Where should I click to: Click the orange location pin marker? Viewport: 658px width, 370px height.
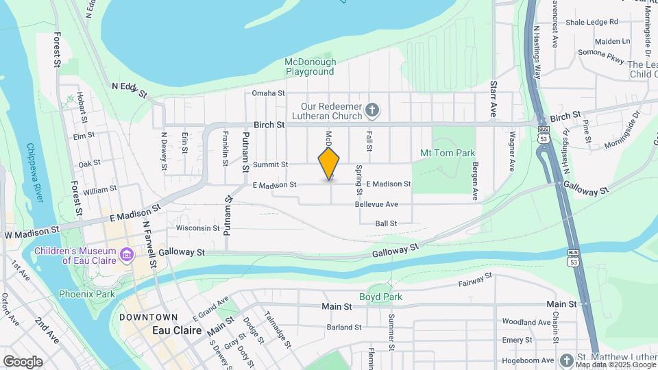click(329, 163)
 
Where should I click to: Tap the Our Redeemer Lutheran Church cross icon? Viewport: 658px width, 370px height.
click(372, 110)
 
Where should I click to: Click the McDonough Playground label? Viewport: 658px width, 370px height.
click(310, 66)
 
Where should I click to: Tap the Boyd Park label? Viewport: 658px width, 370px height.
click(380, 297)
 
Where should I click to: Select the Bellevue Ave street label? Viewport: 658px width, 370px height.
click(376, 204)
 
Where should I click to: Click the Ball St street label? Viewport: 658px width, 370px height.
click(387, 223)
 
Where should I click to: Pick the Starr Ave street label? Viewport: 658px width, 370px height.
click(493, 98)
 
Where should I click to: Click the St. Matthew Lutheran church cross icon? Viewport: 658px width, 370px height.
click(566, 360)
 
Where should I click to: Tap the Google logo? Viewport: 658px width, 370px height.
click(23, 361)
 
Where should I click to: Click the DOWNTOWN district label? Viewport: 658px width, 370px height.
click(149, 317)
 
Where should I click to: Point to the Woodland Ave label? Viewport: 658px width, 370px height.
click(527, 321)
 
